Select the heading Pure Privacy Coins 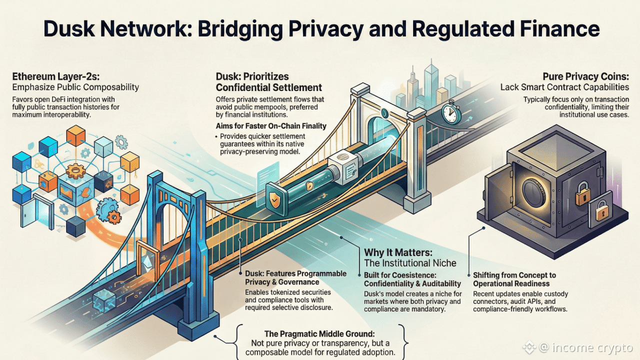click(x=585, y=76)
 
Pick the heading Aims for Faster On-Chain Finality click(x=271, y=125)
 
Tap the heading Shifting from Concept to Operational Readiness click(x=514, y=279)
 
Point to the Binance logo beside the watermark click(x=528, y=346)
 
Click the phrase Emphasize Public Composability click(x=75, y=87)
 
